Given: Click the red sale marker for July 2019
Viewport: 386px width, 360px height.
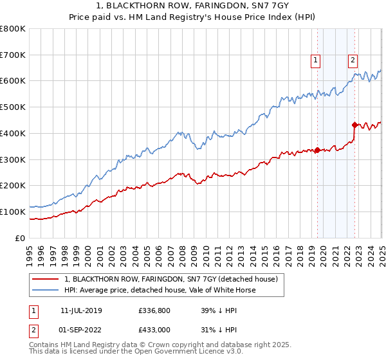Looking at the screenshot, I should pyautogui.click(x=318, y=150).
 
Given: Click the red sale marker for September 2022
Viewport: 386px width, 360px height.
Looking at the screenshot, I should pyautogui.click(x=354, y=125).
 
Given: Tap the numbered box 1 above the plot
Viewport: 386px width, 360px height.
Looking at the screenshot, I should pyautogui.click(x=317, y=61).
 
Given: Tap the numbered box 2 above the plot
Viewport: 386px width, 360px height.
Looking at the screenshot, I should pyautogui.click(x=353, y=61).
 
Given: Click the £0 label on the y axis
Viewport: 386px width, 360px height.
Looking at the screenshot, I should pyautogui.click(x=19, y=238).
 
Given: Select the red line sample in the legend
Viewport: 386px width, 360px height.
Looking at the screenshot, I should pyautogui.click(x=45, y=279).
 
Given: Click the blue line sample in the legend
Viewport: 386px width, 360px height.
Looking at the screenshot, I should pyautogui.click(x=45, y=290).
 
